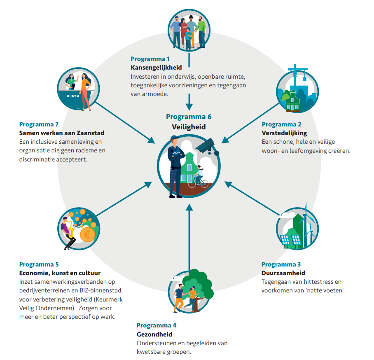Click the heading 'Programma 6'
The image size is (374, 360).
pos(189,117)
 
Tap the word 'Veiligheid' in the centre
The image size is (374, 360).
pos(189,127)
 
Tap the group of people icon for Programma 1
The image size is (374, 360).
pos(189,31)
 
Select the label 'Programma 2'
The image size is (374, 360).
pos(281,124)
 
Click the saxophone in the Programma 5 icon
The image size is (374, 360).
pos(70,229)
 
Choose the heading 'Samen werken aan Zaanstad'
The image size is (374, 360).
pos(62,133)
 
